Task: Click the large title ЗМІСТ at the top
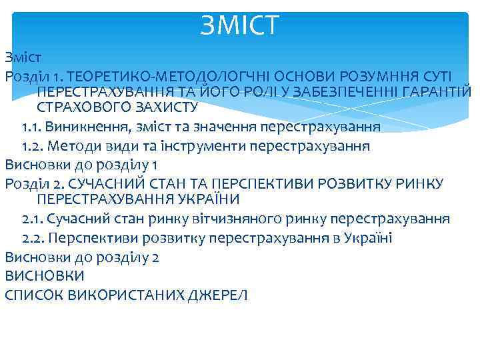(241, 27)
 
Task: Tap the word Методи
(75, 145)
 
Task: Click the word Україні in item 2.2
(366, 238)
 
